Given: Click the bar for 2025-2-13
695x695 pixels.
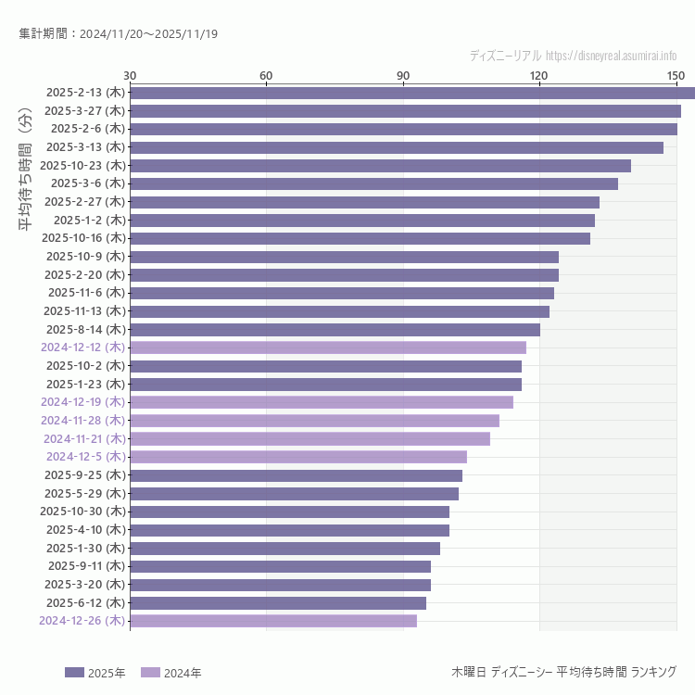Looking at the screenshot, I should coord(412,93).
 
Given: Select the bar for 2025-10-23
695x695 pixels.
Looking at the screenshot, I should coord(380,166).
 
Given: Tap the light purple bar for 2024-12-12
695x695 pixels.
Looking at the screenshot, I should coord(328,347).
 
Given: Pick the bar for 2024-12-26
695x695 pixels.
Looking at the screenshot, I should coord(273,621).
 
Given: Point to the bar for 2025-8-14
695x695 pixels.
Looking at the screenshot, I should coord(335,329).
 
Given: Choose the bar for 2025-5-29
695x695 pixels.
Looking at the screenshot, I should coord(294,493).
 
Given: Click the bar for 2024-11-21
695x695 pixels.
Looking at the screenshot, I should coord(310,438).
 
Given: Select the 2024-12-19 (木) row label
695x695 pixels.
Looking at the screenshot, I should coord(82,402).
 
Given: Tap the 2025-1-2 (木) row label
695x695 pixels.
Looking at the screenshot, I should coord(89,220).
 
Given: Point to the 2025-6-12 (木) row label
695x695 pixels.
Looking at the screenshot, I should coord(86,602).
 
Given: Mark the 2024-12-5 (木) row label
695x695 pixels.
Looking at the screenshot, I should coord(86,457).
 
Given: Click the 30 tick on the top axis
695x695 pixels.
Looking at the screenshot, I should coord(130,75).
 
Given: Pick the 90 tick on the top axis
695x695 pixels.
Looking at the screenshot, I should coord(403,75).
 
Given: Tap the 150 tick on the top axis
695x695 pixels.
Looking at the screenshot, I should coord(676,75).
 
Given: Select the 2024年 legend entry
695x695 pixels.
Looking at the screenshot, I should coord(171,673).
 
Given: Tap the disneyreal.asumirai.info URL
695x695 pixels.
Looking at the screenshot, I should coord(612,56).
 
